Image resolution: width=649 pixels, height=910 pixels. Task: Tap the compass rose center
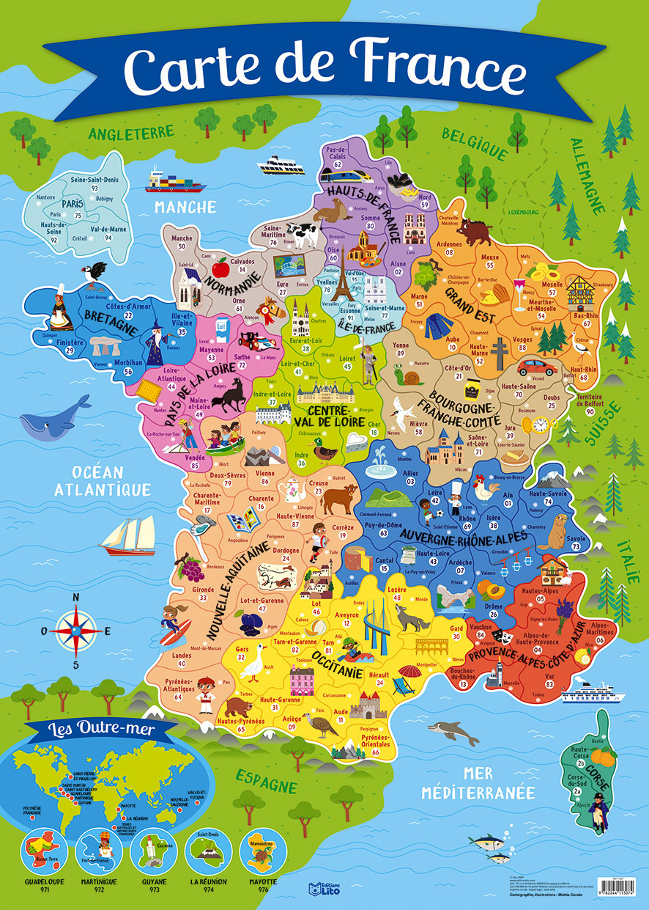(x=76, y=630)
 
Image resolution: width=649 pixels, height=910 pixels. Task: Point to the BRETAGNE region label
(x=112, y=323)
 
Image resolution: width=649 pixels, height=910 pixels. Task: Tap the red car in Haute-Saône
(x=537, y=367)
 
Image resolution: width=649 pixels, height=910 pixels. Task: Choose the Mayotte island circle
(x=262, y=849)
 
